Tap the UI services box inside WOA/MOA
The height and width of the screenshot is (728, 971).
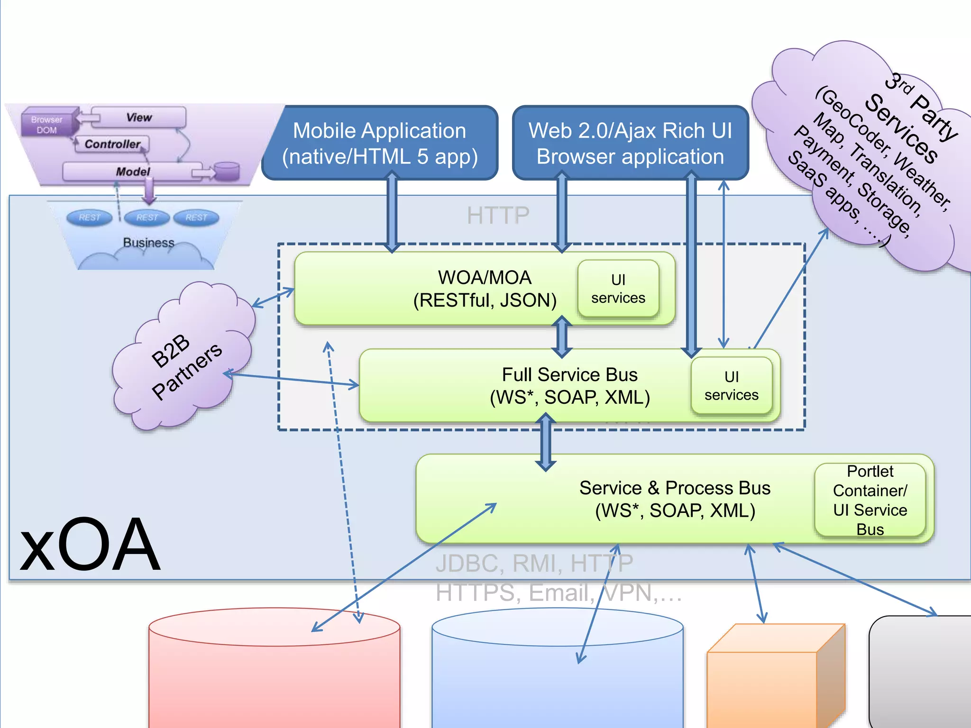[618, 288]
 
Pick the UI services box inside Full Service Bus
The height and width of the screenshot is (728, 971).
[731, 385]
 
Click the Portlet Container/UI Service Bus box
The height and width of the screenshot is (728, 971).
[870, 500]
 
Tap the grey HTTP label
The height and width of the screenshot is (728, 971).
[498, 216]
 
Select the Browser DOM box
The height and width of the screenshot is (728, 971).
[47, 125]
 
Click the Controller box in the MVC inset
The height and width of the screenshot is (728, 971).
[112, 144]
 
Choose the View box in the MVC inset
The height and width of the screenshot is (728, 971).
[139, 117]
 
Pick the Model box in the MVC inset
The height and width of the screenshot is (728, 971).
[133, 172]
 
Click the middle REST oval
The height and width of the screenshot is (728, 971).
[147, 218]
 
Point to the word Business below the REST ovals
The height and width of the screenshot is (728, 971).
[148, 243]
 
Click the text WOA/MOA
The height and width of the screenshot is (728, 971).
[484, 278]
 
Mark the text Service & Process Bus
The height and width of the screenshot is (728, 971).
[674, 488]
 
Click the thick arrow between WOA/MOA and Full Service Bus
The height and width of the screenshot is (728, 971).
[562, 337]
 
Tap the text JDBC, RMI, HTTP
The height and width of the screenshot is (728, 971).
[534, 564]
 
